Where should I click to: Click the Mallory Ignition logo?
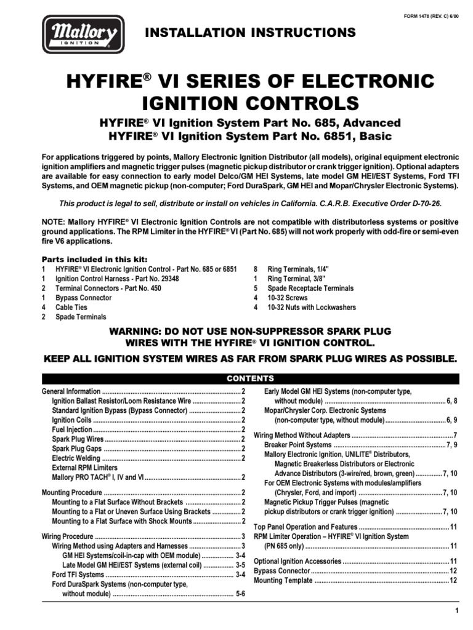[83, 34]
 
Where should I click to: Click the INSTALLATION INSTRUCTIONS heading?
[249, 33]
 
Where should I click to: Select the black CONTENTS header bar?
[250, 378]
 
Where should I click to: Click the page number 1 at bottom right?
[457, 610]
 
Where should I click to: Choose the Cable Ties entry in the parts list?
[71, 307]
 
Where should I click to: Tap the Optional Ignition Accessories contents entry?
[297, 561]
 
